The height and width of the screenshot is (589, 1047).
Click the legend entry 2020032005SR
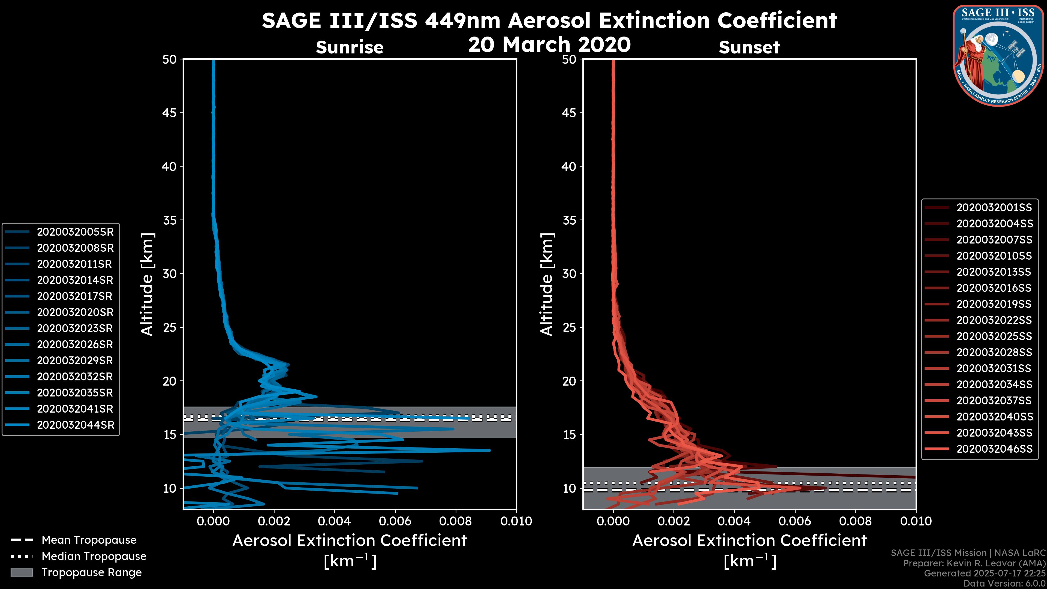(x=75, y=232)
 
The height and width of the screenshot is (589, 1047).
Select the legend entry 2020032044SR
(x=75, y=425)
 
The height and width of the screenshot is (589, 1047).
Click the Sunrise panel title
(x=350, y=47)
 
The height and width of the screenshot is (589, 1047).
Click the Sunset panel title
(x=749, y=47)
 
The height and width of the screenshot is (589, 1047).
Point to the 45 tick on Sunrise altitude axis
(x=170, y=113)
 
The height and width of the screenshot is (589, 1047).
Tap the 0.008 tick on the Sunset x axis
(x=856, y=521)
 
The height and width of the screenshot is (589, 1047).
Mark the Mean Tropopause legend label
(x=89, y=540)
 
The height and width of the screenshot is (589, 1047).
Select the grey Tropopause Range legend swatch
(x=22, y=573)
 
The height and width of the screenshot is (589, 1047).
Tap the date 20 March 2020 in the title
(x=549, y=44)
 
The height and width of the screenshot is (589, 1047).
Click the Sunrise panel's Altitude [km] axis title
(x=147, y=284)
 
